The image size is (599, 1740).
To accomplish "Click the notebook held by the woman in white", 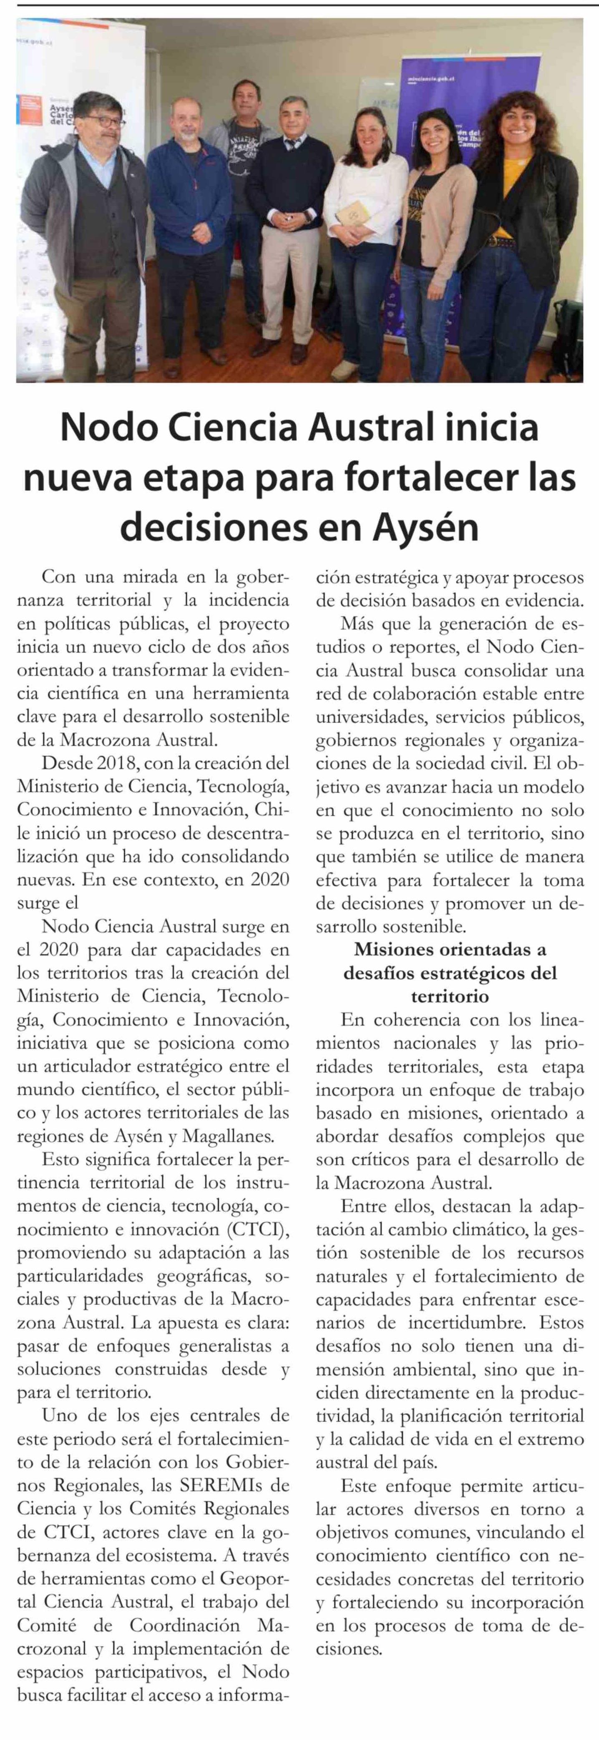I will tap(351, 216).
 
